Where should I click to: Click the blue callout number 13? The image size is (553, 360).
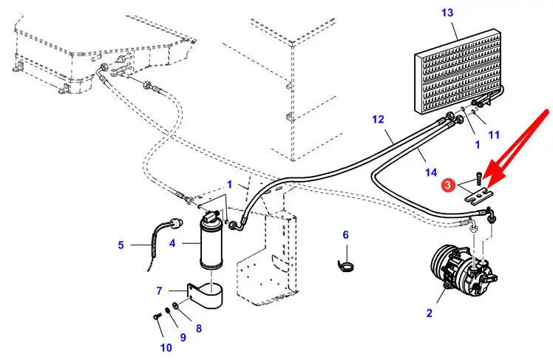(x=447, y=13)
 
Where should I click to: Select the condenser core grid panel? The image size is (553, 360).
(x=458, y=72)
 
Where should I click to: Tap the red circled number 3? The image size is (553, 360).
(x=448, y=184)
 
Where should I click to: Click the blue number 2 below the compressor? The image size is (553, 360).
(x=430, y=313)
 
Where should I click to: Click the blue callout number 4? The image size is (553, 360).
(x=172, y=243)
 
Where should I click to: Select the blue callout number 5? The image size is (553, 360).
(x=121, y=245)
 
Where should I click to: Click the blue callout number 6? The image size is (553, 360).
(x=346, y=235)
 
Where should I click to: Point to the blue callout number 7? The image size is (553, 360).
(x=160, y=291)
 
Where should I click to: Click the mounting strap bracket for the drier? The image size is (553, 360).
(x=206, y=295)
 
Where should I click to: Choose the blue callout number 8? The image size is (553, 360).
(x=199, y=329)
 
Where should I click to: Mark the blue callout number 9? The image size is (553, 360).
(x=183, y=337)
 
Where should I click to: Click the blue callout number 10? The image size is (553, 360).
(x=166, y=347)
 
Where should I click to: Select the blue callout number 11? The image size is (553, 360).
(x=494, y=135)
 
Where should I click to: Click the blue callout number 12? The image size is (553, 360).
(x=378, y=120)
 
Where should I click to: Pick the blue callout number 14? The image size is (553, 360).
(x=431, y=172)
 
